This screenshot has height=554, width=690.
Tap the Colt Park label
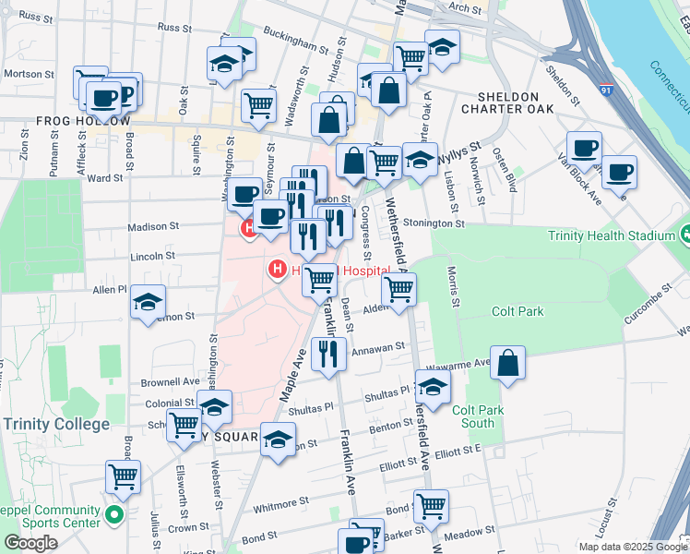(x=517, y=311)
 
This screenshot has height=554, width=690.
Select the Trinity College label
(x=56, y=424)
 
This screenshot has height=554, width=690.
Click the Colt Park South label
(x=478, y=415)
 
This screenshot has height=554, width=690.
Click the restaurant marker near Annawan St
(x=328, y=355)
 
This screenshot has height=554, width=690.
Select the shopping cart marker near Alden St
(x=399, y=290)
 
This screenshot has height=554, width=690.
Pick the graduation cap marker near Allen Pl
(x=148, y=303)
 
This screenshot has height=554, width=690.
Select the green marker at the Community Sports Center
(x=114, y=514)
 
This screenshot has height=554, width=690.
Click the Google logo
(x=30, y=543)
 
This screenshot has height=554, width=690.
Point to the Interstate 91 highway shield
(x=604, y=90)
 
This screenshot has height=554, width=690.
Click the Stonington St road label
(x=434, y=223)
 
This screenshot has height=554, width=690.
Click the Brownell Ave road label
(x=171, y=380)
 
